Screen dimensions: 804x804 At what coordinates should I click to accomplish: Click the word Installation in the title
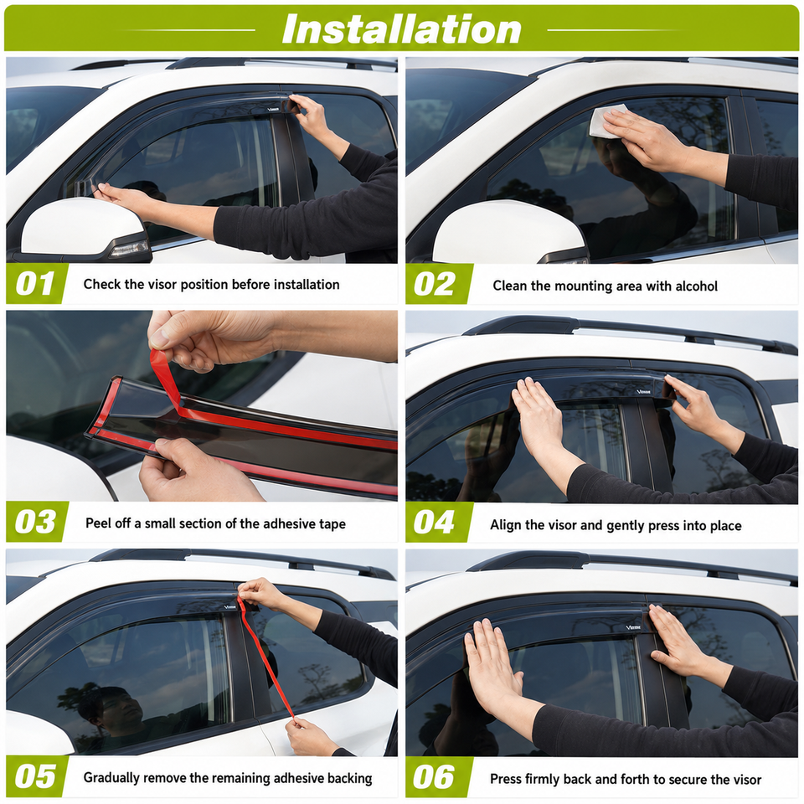pos(401,29)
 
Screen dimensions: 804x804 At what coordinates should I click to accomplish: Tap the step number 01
pos(35,284)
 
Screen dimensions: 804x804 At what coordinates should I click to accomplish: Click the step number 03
pos(35,522)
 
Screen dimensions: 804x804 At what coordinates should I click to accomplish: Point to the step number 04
pos(435,523)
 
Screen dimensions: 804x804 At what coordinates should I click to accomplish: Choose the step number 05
pos(35,776)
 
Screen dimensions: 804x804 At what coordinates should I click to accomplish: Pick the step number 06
pos(435,777)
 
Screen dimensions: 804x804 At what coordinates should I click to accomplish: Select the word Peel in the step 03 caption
pos(97,523)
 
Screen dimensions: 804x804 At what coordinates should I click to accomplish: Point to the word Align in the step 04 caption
pos(506,526)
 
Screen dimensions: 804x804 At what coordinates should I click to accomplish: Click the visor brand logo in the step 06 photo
pos(634,627)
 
